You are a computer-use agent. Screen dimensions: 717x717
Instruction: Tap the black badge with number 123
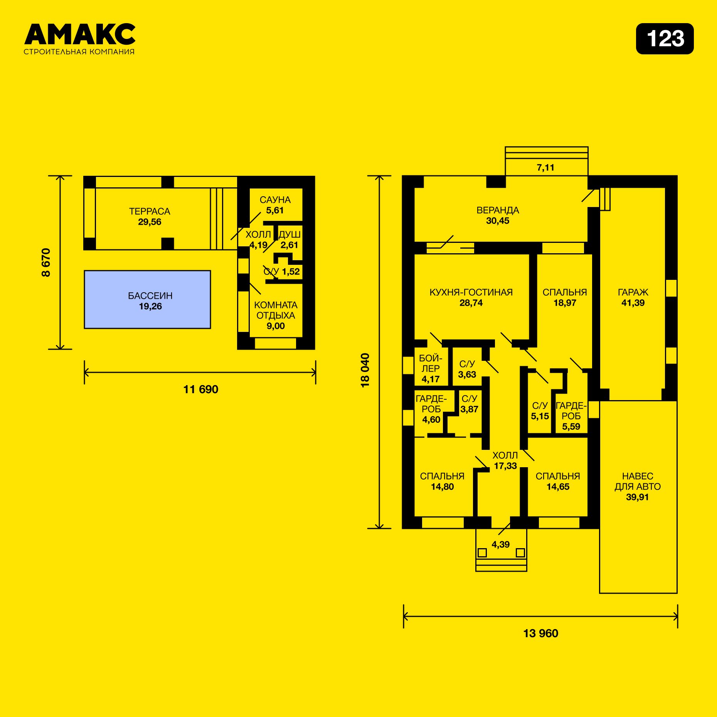point(665,39)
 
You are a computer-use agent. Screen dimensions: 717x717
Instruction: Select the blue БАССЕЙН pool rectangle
point(147,300)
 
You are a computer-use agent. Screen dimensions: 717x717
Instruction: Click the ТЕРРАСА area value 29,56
point(150,222)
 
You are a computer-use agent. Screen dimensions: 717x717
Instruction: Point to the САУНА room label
point(275,200)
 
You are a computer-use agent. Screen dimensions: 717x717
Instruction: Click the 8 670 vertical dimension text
point(46,263)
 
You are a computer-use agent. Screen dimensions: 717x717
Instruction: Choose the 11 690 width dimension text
point(200,389)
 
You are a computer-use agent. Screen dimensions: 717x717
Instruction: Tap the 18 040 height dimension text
point(365,370)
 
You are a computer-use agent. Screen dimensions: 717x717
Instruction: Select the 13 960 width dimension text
point(540,633)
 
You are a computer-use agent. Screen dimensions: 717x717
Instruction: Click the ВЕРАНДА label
point(498,210)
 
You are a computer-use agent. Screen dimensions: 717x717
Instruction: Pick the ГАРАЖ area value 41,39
point(633,303)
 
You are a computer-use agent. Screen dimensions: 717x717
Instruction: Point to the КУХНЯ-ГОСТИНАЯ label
point(471,292)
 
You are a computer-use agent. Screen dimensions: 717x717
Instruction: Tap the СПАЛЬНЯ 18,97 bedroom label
point(565,298)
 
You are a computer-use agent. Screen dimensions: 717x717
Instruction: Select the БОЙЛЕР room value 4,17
point(431,379)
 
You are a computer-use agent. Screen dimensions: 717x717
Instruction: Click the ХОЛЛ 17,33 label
point(505,461)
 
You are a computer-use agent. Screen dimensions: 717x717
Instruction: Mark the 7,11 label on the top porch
point(545,168)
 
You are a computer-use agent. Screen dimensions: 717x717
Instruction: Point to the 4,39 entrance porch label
point(500,545)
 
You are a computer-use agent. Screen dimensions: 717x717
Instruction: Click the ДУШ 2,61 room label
point(289,240)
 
